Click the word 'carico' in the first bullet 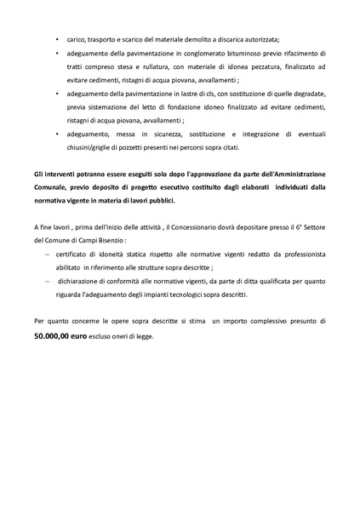click(x=76, y=40)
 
